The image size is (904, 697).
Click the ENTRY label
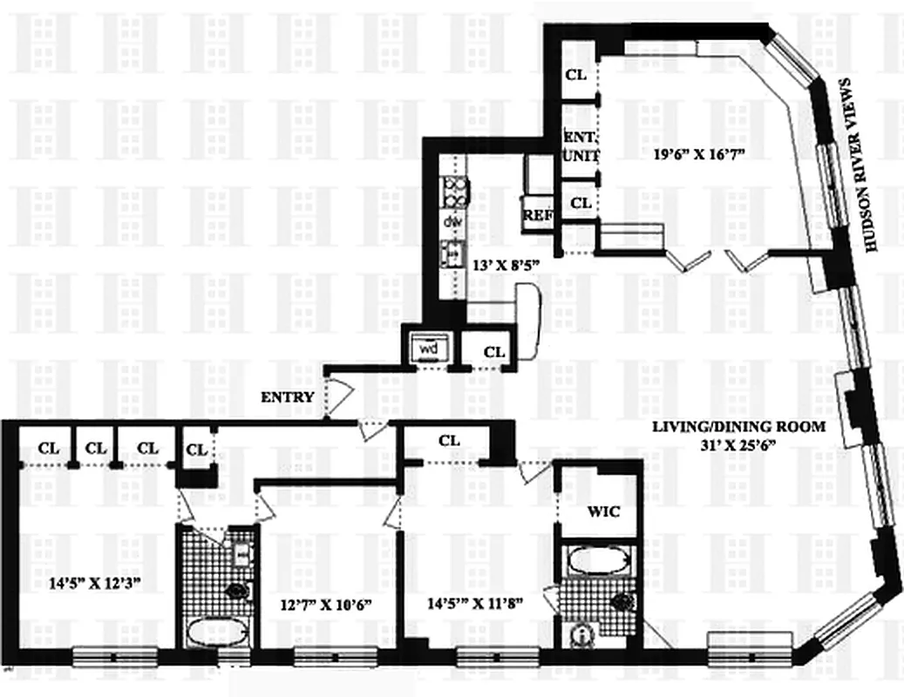287,397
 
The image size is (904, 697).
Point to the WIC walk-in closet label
603,511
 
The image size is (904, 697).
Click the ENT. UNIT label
578,146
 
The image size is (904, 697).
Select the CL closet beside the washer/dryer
493,353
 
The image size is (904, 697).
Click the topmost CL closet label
576,75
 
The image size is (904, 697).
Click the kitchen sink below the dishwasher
452,254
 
